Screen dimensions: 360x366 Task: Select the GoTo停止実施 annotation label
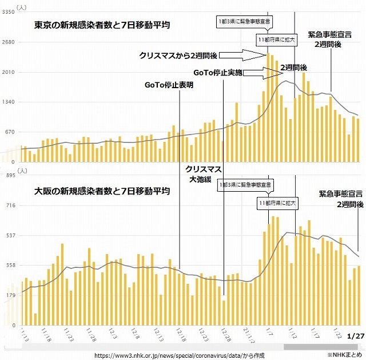pos(218,73)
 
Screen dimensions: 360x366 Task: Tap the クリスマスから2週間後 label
pos(177,56)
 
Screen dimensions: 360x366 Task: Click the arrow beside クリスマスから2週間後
pos(240,55)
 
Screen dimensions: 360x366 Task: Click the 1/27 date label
pos(355,335)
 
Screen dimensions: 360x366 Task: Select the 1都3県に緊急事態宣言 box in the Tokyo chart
pos(244,22)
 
